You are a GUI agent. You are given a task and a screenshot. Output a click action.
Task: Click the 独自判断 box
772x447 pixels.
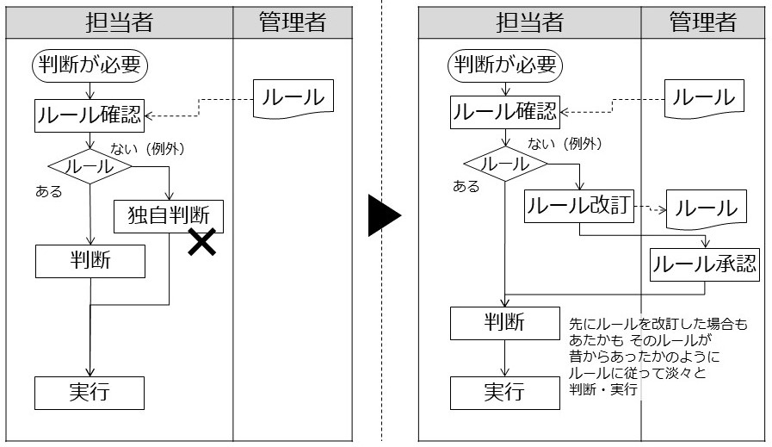(169, 214)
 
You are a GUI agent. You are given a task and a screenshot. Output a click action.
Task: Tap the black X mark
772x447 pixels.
(201, 244)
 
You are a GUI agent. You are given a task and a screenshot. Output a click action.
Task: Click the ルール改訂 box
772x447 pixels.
(580, 207)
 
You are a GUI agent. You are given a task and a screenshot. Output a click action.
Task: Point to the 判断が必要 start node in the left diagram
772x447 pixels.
(90, 65)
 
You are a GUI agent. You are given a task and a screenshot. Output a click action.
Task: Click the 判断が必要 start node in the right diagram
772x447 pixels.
(506, 65)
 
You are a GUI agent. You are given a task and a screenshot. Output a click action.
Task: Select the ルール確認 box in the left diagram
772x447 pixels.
(90, 114)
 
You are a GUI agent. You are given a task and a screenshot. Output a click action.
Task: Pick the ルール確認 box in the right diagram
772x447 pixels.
(506, 111)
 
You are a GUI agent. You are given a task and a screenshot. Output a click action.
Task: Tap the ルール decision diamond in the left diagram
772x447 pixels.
(90, 166)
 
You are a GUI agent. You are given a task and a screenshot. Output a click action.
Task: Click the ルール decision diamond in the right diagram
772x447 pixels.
(505, 164)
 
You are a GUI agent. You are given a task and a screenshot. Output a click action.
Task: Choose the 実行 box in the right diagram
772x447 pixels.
(505, 392)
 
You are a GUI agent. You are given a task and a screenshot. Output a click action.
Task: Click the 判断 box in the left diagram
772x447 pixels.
(90, 261)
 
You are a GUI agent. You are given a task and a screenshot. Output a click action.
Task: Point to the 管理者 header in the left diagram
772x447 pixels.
(293, 23)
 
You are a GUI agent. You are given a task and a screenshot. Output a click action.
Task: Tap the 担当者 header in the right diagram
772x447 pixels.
(529, 23)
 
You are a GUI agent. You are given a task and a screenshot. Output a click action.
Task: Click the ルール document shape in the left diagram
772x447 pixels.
(293, 98)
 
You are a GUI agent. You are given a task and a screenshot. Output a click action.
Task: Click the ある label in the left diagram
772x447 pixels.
(49, 191)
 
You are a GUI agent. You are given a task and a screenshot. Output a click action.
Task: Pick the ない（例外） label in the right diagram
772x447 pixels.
(564, 144)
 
